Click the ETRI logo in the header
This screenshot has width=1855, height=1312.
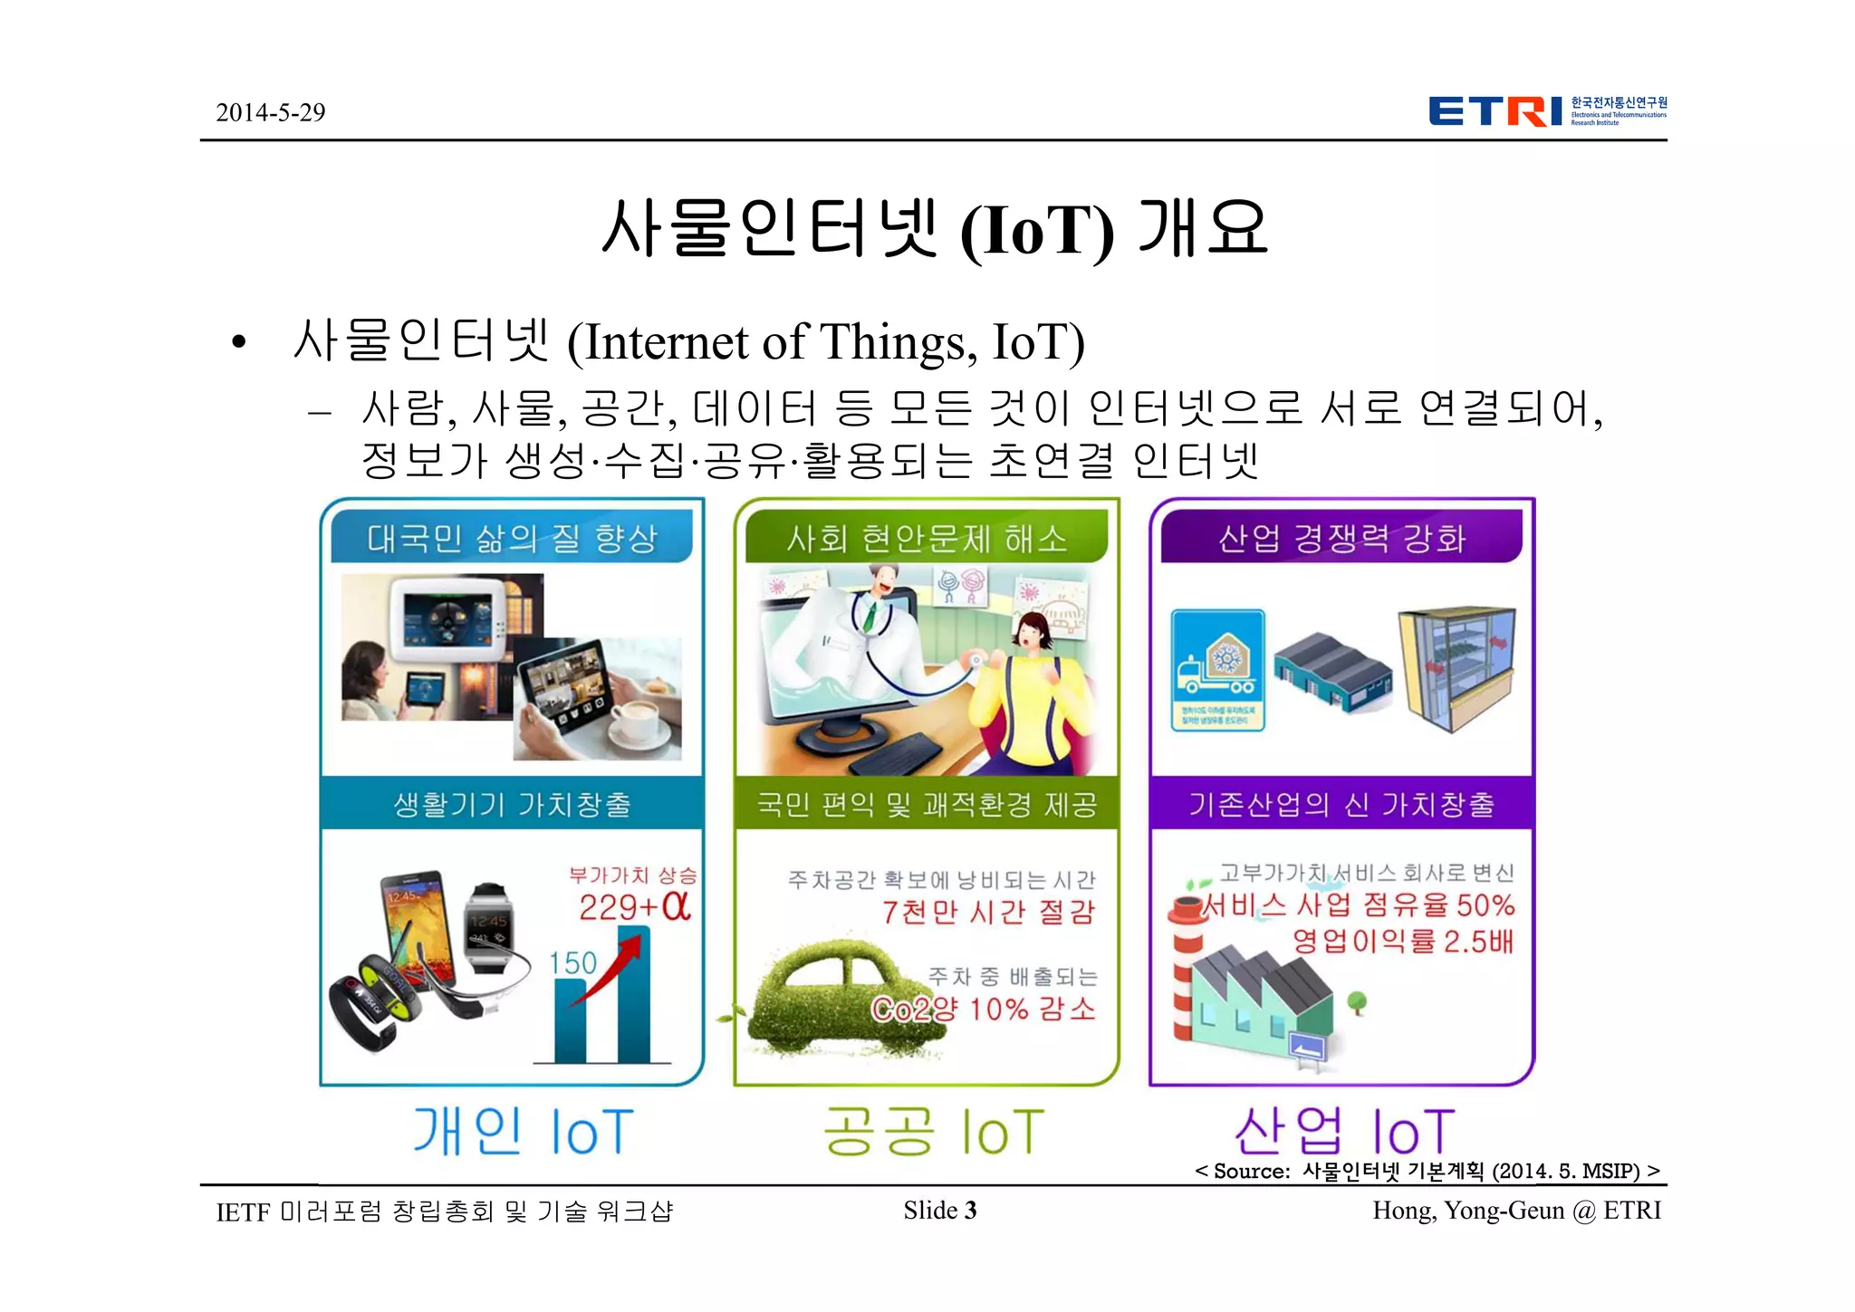coord(1546,110)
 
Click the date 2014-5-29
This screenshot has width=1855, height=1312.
coord(270,112)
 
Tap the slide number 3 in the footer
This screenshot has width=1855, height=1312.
coord(971,1211)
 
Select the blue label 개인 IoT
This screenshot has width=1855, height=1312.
coord(523,1132)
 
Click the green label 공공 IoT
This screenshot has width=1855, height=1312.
coord(933,1132)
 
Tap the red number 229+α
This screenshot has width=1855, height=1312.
coord(634,906)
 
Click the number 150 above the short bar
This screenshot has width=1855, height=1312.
coord(572,962)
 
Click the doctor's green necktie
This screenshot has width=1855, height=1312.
coord(870,617)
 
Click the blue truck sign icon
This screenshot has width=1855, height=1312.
coord(1217,669)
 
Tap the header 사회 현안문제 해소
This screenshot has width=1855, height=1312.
coord(927,539)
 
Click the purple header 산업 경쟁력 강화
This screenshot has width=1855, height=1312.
coord(1341,539)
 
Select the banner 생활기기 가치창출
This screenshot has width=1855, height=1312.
coord(512,804)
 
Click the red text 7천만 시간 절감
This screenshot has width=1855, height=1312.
coord(988,912)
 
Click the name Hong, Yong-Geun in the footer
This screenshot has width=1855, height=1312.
coord(1467,1211)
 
